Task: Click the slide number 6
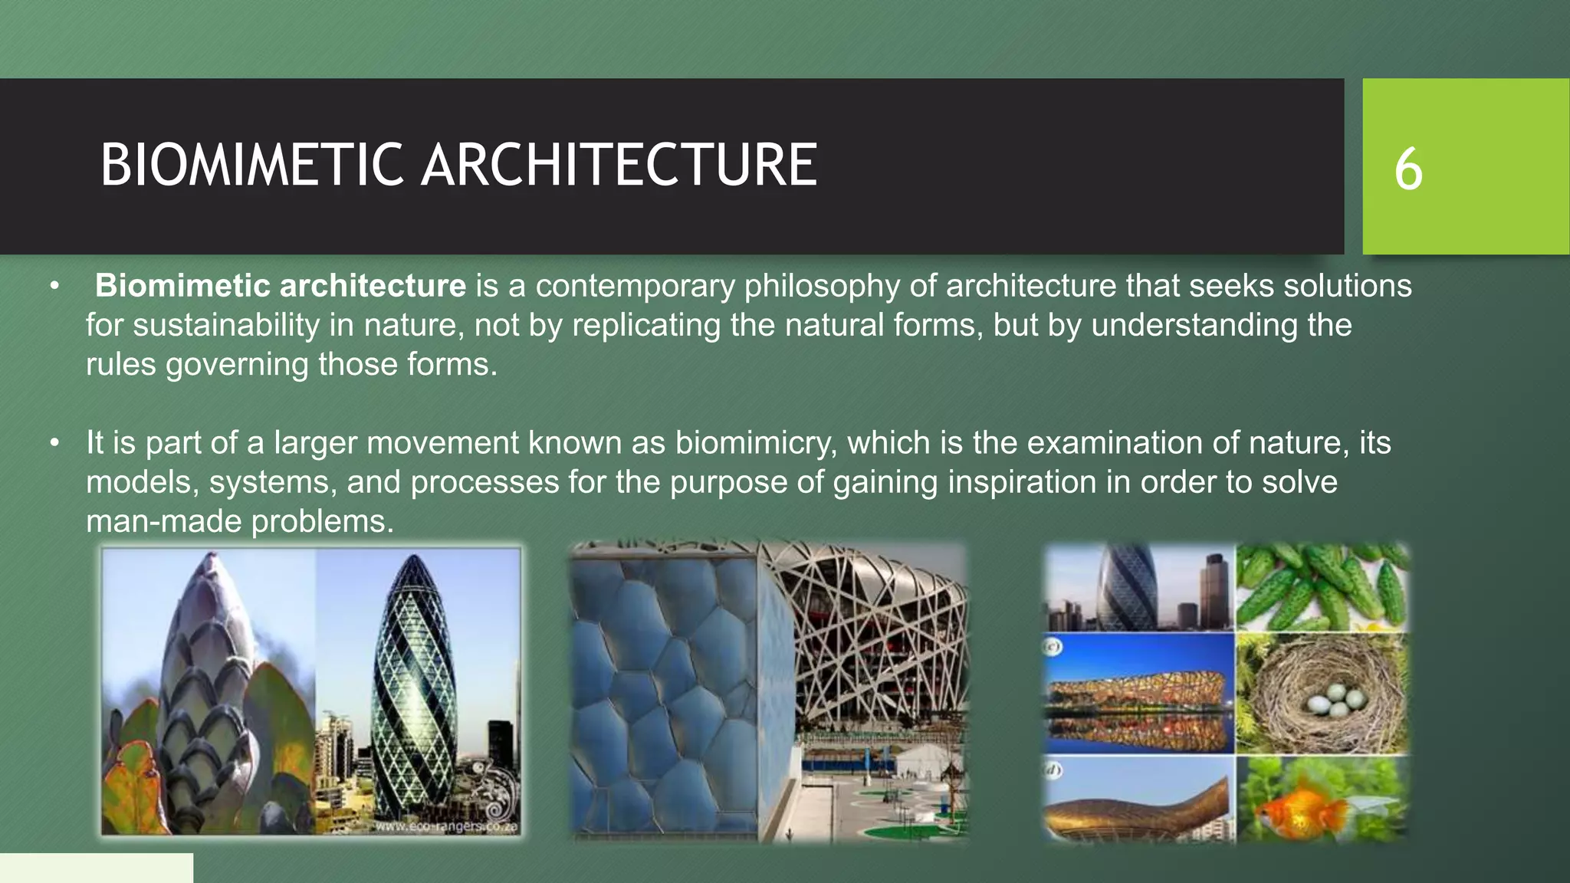[x=1408, y=169]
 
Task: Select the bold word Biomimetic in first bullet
[x=182, y=286]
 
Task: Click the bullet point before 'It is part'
[x=54, y=443]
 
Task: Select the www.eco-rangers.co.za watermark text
[x=446, y=827]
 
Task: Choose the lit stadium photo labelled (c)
[x=1138, y=694]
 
